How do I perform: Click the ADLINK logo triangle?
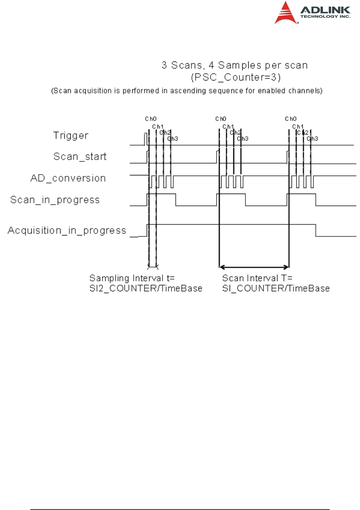pyautogui.click(x=285, y=13)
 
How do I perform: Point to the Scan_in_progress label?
pyautogui.click(x=55, y=200)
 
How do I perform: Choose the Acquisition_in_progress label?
pyautogui.click(x=67, y=230)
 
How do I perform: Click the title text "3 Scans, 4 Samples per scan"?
pyautogui.click(x=234, y=66)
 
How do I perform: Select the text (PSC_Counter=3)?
pyautogui.click(x=234, y=76)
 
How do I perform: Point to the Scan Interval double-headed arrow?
pyautogui.click(x=254, y=267)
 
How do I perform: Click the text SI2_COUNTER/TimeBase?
pyautogui.click(x=146, y=289)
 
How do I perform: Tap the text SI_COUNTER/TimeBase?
pyautogui.click(x=276, y=289)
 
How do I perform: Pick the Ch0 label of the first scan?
pyautogui.click(x=150, y=119)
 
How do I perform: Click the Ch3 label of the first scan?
pyautogui.click(x=172, y=139)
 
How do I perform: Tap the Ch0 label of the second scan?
pyautogui.click(x=221, y=119)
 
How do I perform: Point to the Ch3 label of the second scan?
pyautogui.click(x=243, y=139)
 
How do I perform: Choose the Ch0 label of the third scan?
pyautogui.click(x=291, y=119)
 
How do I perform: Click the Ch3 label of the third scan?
pyautogui.click(x=313, y=139)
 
